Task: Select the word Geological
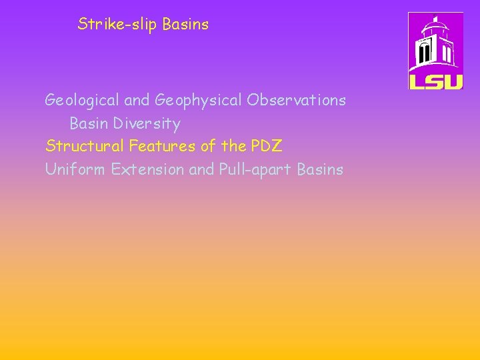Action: (83, 101)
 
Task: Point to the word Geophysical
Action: (199, 101)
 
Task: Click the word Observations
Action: (296, 100)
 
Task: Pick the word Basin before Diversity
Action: (89, 124)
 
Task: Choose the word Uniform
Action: (75, 169)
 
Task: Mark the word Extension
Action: (148, 169)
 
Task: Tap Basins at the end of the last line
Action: (320, 169)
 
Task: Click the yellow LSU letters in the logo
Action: (435, 81)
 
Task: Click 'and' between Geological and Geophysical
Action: (137, 101)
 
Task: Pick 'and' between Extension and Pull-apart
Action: (201, 169)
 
